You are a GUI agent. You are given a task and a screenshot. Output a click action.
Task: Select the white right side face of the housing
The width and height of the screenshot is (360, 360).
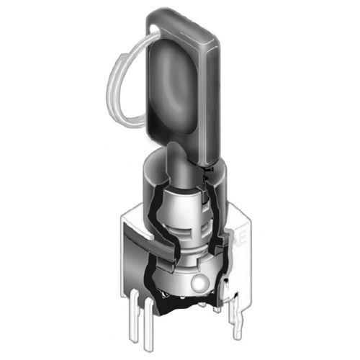(241, 259)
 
